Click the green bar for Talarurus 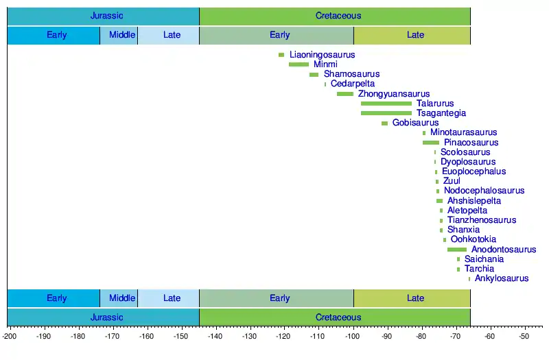pos(386,104)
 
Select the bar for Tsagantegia pos(386,113)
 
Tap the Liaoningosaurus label pos(322,54)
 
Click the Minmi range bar pos(299,64)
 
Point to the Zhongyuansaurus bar pos(345,94)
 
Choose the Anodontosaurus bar pos(457,250)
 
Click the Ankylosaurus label pos(502,278)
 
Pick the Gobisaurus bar pos(384,123)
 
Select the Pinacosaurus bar pos(431,143)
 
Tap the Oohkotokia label pos(474,239)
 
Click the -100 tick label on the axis pos(352,337)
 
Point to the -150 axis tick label pos(180,337)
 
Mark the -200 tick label pos(10,337)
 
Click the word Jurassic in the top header pos(107,16)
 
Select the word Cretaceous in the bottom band pos(338,317)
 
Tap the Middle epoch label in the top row pos(122,35)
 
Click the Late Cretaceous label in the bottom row pos(415,298)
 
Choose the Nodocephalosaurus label pos(484,191)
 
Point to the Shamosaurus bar pos(314,74)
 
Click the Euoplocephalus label pos(474,171)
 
